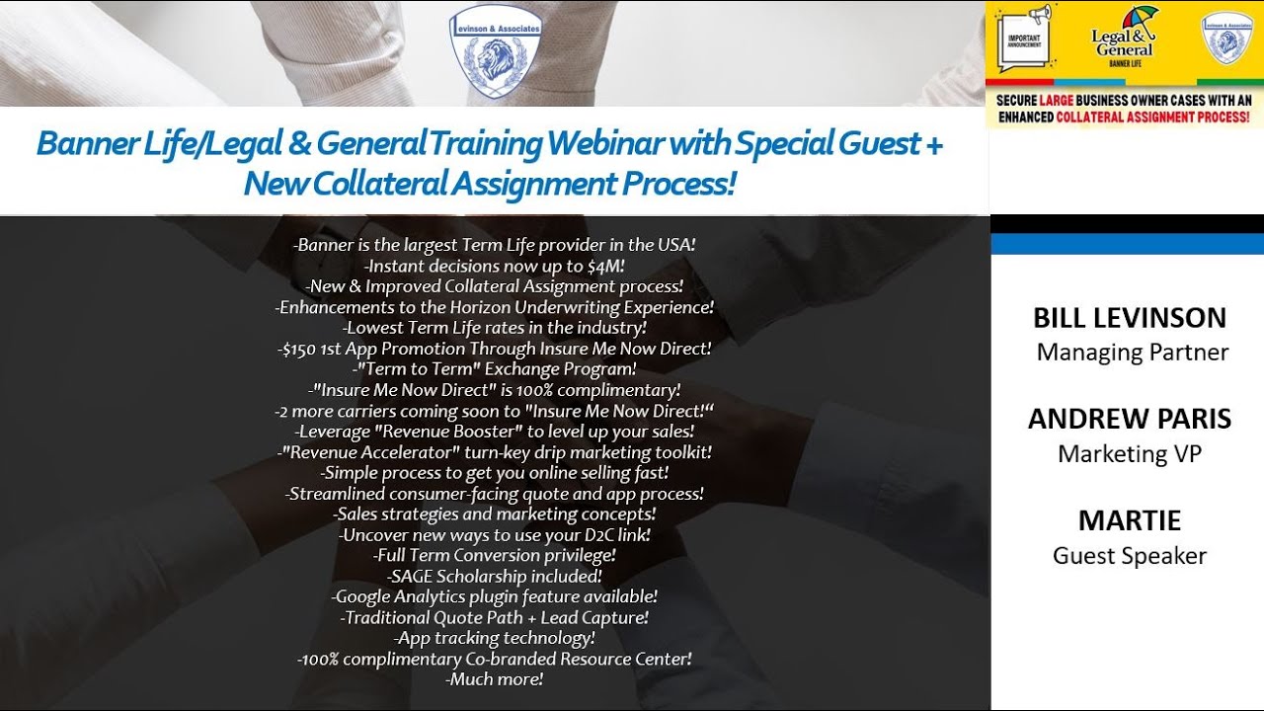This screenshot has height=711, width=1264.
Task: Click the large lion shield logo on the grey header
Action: point(496,52)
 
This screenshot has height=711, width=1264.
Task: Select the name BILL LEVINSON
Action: point(1130,318)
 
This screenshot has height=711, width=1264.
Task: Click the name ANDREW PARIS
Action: point(1130,419)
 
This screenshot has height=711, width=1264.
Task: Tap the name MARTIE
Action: point(1130,520)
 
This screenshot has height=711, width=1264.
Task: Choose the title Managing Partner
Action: point(1132,353)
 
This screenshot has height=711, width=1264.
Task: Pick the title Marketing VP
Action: point(1130,454)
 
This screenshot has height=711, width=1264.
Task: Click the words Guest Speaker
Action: point(1130,556)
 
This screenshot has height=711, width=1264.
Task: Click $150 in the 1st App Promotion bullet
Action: point(298,349)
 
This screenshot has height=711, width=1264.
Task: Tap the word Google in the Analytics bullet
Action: point(362,596)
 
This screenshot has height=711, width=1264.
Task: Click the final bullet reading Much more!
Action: point(495,679)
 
